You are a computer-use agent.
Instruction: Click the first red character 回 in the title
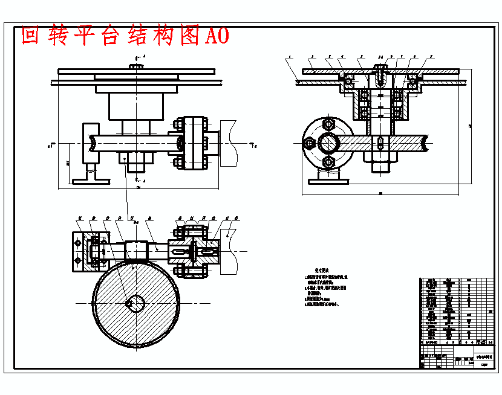[31, 36]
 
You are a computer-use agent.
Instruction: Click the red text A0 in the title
[217, 36]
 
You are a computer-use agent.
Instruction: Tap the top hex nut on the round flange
[328, 124]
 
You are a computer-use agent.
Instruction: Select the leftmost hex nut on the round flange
[309, 143]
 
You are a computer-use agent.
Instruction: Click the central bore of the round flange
[329, 143]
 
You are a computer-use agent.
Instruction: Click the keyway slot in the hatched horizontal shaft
[379, 144]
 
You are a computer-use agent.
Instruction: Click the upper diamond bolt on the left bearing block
[77, 242]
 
